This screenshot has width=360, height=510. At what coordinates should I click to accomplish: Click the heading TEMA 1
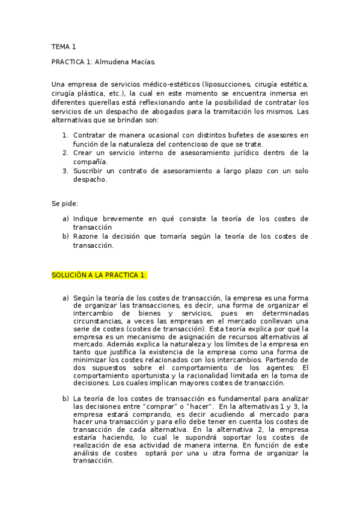tap(64, 46)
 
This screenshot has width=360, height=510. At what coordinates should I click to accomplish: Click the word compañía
tap(90, 162)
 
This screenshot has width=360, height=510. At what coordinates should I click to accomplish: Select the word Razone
tap(86, 236)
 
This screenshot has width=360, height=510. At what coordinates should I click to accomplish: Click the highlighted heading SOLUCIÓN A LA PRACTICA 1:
tap(99, 275)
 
